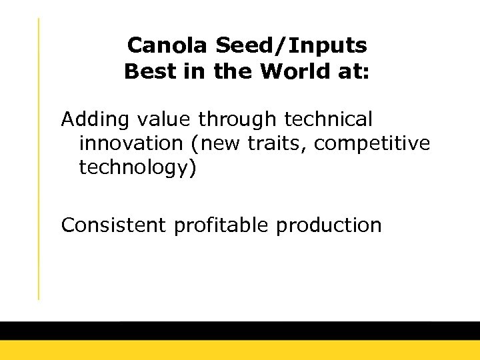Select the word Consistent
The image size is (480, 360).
[114, 225]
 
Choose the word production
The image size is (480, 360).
[328, 225]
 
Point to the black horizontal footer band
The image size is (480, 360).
[240, 331]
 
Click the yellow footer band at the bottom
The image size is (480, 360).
[240, 351]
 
